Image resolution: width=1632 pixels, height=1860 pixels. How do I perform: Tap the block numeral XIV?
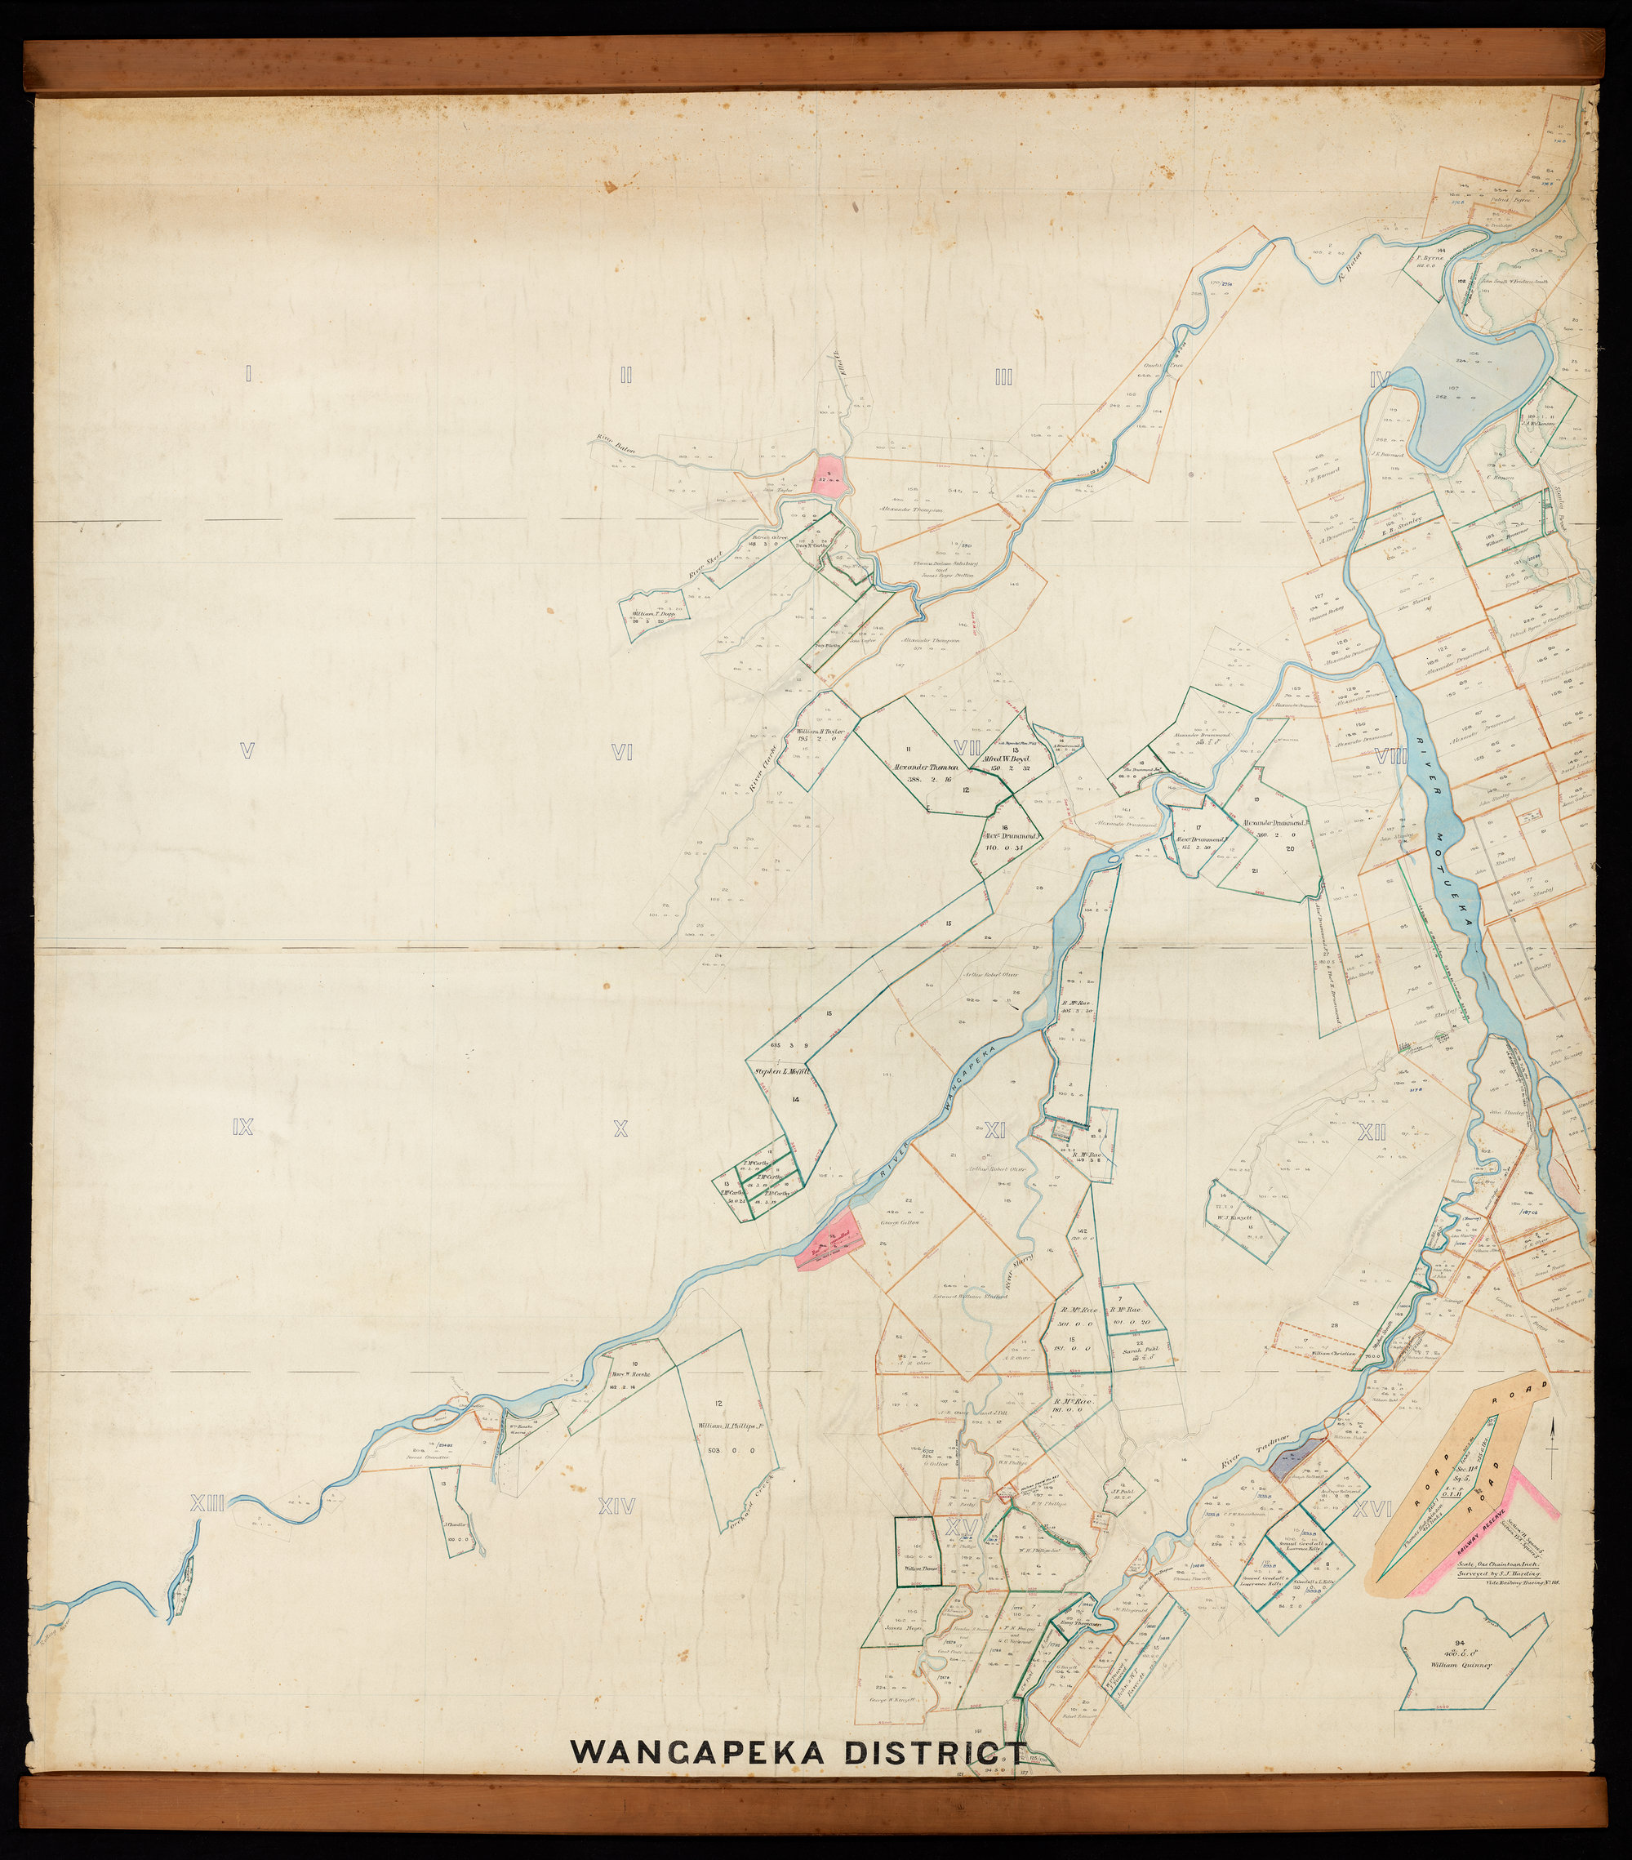click(618, 1506)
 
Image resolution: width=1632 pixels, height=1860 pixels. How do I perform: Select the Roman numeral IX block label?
click(242, 1128)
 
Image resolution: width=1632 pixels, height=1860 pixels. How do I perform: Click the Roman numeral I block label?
click(247, 372)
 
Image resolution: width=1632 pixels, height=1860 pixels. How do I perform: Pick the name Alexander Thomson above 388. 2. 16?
click(932, 766)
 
